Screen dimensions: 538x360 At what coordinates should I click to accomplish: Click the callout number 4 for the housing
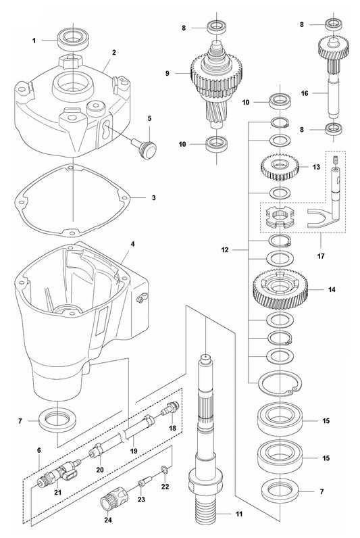[x=133, y=243]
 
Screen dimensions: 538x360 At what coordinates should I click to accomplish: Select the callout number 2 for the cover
[x=114, y=53]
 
